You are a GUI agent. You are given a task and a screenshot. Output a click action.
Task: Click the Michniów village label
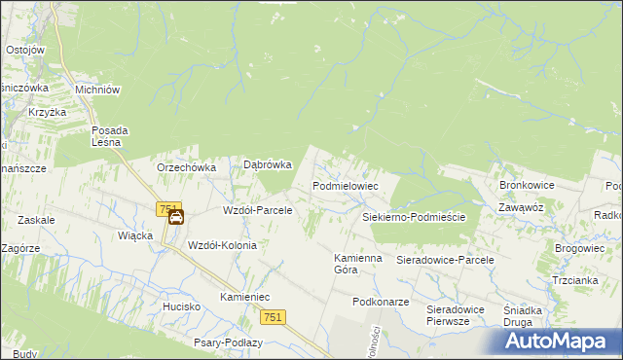coord(97,89)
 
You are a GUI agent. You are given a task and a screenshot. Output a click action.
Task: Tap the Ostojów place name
coord(25,50)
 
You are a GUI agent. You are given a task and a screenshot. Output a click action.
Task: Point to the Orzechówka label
coord(186,167)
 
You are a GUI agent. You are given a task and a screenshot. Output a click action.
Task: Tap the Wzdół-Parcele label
coord(258,210)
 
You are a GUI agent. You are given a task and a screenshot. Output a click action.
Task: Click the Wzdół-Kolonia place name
coord(222,245)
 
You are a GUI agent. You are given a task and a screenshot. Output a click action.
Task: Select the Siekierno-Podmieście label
coord(414,218)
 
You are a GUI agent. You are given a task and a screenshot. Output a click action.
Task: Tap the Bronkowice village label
coord(527,184)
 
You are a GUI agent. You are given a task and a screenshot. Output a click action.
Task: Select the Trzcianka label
coord(574,280)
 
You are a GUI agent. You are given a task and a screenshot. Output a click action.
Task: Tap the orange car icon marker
coord(176,218)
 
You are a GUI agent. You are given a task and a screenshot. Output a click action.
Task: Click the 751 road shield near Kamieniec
coord(273,318)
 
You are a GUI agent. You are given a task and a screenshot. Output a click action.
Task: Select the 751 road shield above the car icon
coord(168,208)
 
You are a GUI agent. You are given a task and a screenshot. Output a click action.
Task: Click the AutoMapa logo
coord(560,342)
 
